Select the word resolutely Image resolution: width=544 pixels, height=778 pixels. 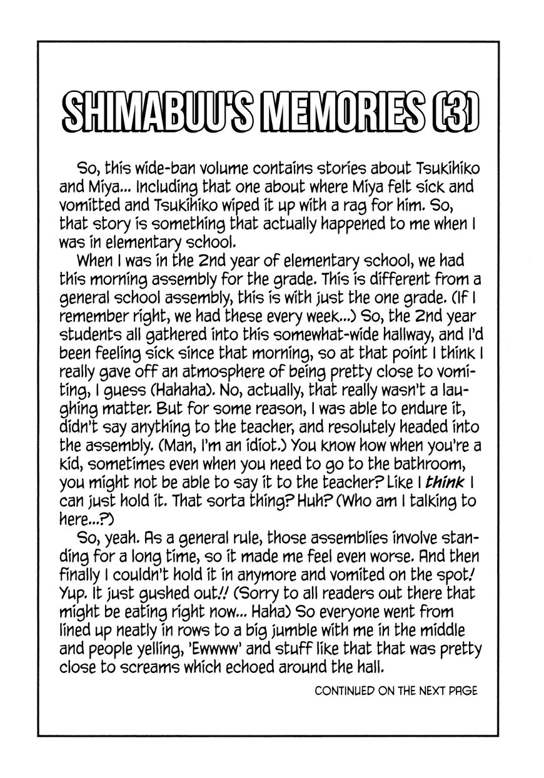346,427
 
